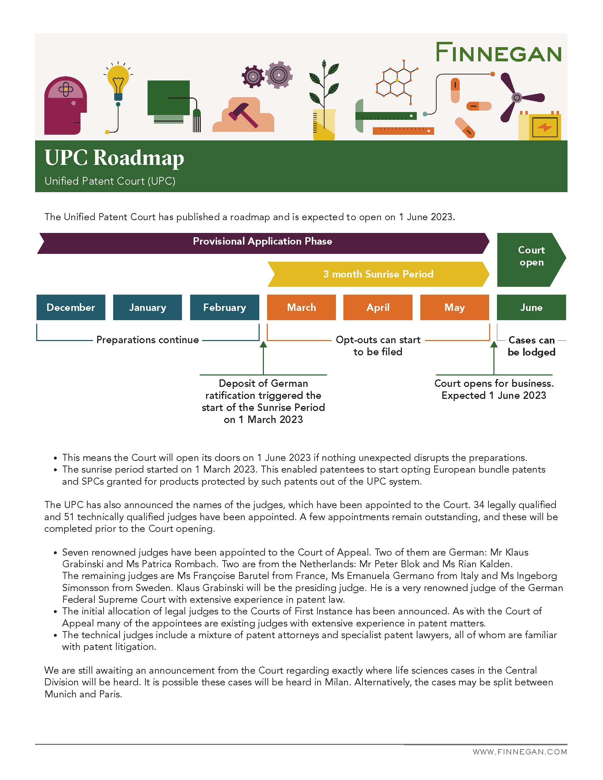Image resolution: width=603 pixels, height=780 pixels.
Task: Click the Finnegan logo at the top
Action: click(498, 52)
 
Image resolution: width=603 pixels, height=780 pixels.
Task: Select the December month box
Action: click(71, 307)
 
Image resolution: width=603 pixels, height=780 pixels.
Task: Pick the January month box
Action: click(148, 307)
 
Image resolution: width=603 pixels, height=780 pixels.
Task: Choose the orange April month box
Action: click(378, 307)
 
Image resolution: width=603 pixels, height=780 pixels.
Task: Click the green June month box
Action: click(531, 307)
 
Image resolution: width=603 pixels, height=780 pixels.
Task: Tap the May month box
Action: click(454, 307)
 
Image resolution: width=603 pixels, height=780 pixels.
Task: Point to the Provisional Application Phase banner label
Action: click(262, 241)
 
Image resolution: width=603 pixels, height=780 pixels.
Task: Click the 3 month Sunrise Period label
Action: click(378, 274)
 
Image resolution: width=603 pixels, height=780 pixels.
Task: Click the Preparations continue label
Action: click(148, 340)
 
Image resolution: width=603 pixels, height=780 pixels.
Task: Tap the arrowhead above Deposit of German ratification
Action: click(263, 345)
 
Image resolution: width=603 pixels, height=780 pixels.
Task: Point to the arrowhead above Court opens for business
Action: click(494, 345)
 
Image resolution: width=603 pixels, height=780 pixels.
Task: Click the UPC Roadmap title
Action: click(114, 157)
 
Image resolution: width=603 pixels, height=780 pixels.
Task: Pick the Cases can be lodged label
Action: click(531, 346)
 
